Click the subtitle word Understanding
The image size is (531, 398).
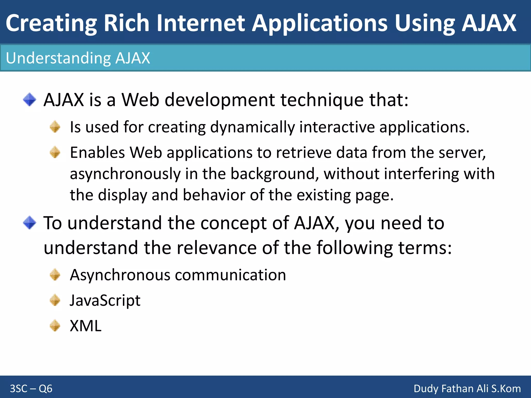[58, 58]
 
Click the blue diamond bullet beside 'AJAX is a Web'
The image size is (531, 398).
[30, 100]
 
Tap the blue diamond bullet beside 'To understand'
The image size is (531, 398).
[30, 223]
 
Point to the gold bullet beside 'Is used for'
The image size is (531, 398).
[55, 127]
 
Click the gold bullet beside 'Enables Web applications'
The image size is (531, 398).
[55, 152]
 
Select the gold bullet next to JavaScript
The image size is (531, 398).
[55, 300]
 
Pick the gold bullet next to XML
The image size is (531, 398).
[55, 325]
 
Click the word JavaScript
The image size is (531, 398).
[105, 301]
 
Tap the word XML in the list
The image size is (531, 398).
[86, 326]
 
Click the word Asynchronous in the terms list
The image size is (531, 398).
[120, 275]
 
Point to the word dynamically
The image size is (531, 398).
[252, 127]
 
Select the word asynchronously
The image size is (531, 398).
[125, 174]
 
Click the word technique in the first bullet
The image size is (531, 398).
[322, 100]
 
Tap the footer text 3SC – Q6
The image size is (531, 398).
[31, 389]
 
